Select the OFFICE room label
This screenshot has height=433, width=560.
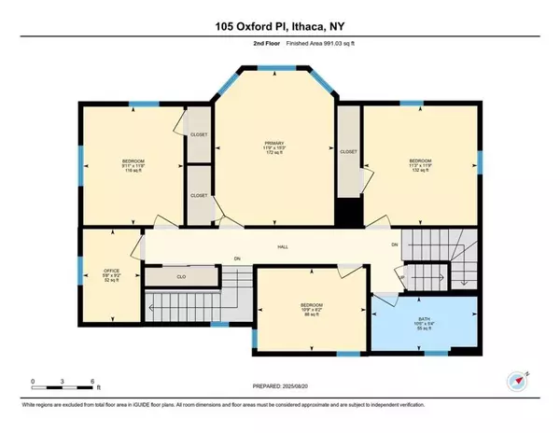111,271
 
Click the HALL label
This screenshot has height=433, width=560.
281,246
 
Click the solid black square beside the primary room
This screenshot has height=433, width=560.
348,212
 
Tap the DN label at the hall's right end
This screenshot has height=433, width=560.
395,244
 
